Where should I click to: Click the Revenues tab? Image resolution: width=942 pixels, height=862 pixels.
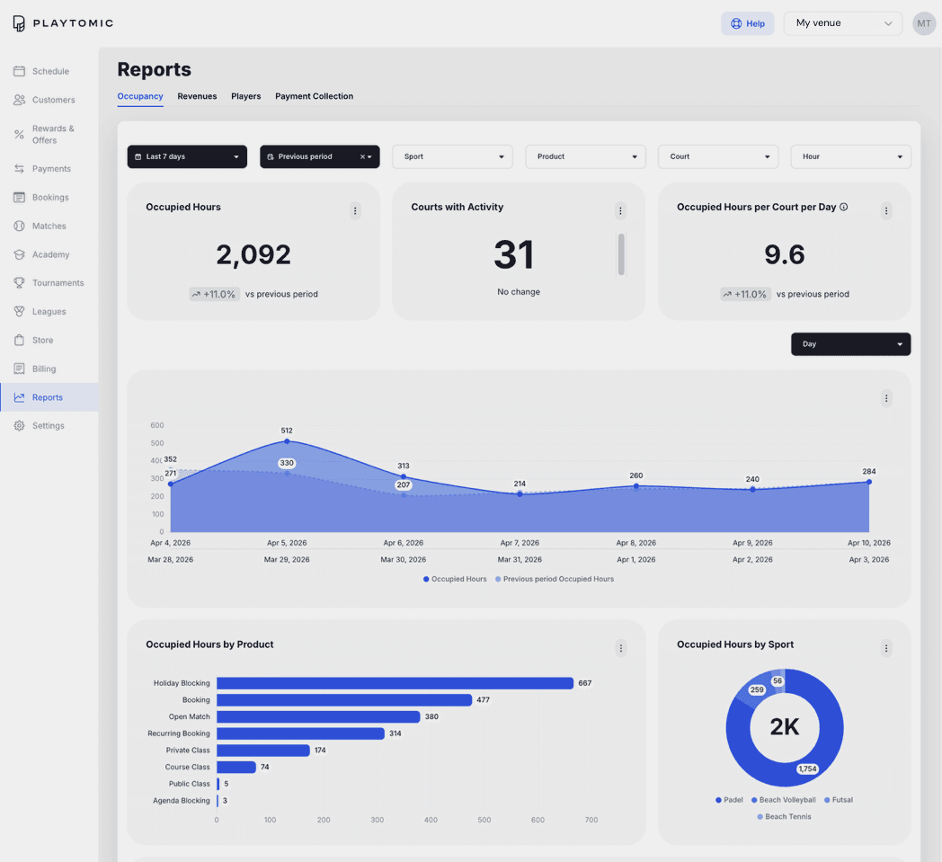point(197,96)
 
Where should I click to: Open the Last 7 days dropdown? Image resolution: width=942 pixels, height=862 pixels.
point(187,156)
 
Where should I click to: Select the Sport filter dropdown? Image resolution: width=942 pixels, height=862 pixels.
point(452,156)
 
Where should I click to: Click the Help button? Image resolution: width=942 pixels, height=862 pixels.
point(747,23)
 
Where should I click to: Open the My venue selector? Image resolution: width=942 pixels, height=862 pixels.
point(843,23)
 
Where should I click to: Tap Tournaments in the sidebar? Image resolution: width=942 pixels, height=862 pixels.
point(58,283)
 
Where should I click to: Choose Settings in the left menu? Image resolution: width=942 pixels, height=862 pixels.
point(48,426)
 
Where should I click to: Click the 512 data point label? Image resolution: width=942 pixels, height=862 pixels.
point(287,431)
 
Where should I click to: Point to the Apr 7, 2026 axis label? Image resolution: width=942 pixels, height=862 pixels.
point(520,543)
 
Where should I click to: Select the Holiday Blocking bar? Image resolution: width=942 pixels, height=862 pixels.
point(395,684)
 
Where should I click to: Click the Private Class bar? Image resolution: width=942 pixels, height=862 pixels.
point(263,751)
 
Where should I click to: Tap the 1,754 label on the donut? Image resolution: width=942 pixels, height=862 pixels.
point(807,769)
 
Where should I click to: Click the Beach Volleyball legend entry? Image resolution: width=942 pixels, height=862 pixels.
point(784,800)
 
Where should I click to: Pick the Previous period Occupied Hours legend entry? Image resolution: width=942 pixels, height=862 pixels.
point(555,579)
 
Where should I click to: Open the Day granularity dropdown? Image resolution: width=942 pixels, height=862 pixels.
point(850,344)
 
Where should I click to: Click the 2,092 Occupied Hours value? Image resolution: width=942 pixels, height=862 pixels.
point(253,254)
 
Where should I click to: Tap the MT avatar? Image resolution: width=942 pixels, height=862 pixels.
point(924,23)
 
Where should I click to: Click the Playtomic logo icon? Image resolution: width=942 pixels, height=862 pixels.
point(19,23)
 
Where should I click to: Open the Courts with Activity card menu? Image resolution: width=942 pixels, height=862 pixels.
point(620,211)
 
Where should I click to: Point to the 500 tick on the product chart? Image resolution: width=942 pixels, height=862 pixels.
point(484,820)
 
